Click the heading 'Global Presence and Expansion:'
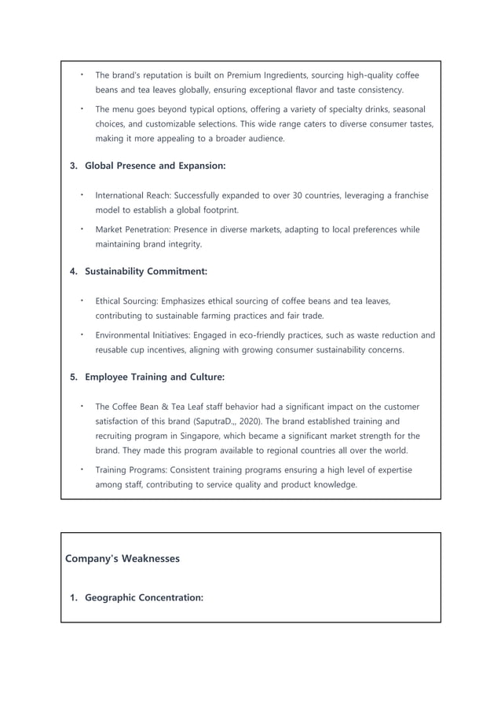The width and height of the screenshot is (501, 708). [155, 166]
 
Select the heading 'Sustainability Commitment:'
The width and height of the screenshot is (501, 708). [146, 272]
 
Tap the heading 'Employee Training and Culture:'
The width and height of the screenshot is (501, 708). [154, 377]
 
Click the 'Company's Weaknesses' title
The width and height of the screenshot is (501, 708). [122, 559]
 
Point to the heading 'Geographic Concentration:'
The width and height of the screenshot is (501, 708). [144, 598]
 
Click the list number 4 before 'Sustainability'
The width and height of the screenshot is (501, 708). [73, 272]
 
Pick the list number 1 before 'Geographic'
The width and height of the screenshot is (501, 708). [73, 598]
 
